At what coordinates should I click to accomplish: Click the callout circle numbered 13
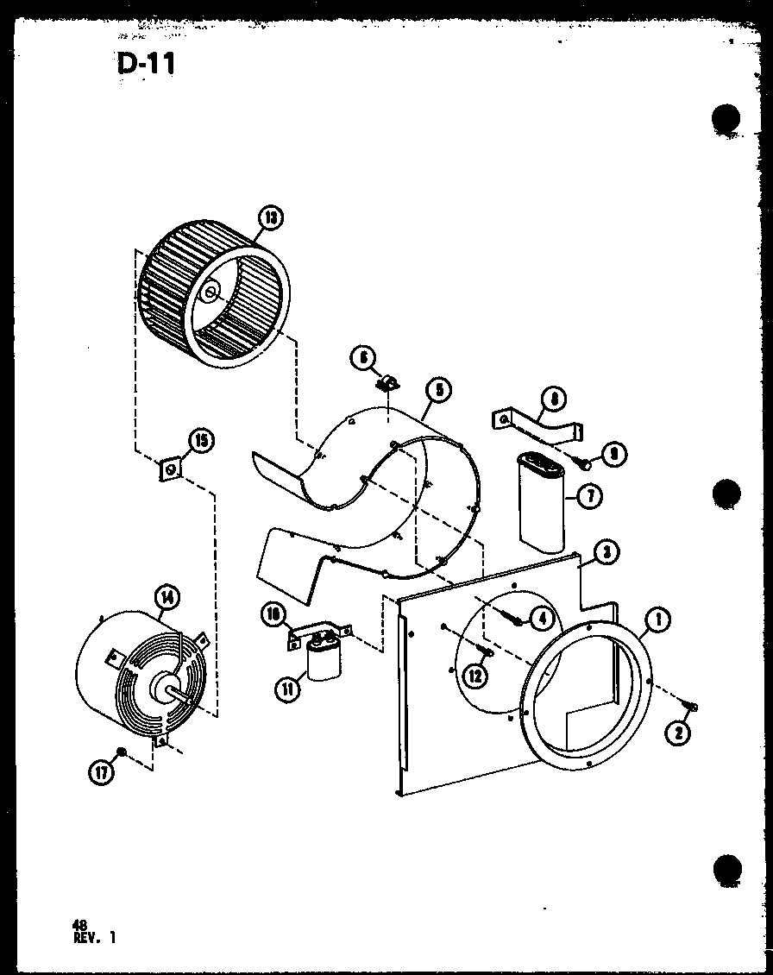(x=271, y=217)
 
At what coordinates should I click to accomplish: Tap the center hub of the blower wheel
(x=210, y=294)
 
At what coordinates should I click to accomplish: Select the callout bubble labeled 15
(x=200, y=441)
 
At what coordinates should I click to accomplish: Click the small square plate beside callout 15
(x=170, y=469)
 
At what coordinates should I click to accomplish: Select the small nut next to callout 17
(x=123, y=752)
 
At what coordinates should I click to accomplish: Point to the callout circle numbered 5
(x=438, y=390)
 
